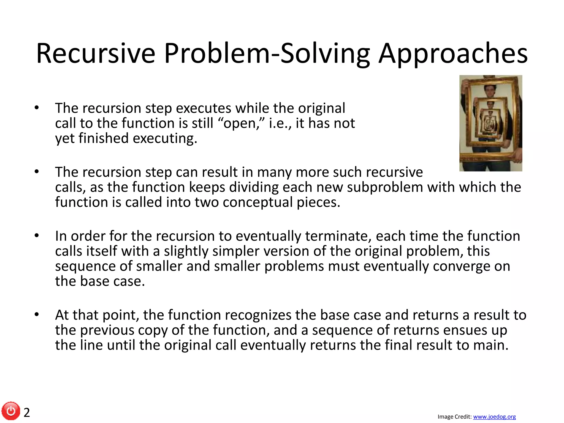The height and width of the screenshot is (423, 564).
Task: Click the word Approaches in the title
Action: point(453,54)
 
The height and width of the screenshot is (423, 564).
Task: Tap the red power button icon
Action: point(11,411)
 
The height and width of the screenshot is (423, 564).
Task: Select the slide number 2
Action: point(27,413)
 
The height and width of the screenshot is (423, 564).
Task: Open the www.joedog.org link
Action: point(494,417)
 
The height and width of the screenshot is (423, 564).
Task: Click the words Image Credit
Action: point(454,417)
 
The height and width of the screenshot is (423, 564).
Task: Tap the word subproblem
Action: point(384,187)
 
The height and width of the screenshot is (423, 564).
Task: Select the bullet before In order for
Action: point(37,236)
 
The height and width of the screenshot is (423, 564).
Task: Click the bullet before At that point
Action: point(37,314)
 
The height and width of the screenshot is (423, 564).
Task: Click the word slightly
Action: point(186,251)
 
